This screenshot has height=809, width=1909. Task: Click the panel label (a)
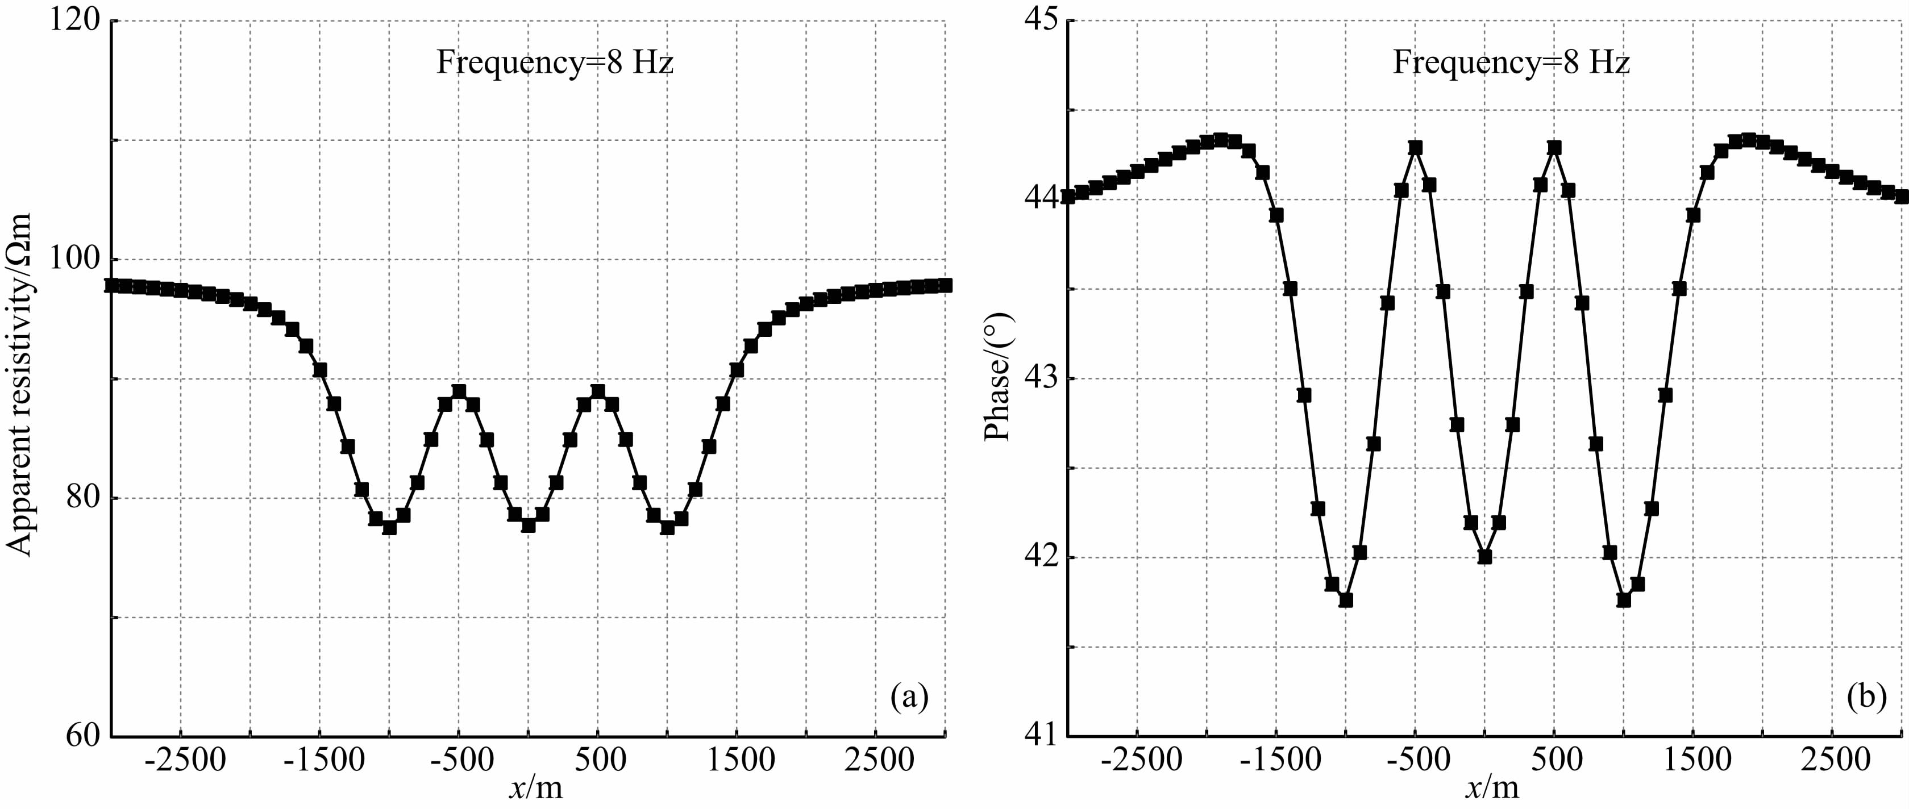(910, 697)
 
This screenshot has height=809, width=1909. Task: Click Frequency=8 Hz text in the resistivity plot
(554, 63)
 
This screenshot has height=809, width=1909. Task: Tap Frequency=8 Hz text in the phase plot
(1511, 63)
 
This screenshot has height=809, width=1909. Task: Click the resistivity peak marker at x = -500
(459, 391)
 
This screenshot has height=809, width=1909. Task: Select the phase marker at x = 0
(1484, 556)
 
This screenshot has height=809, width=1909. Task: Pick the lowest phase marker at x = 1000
(1624, 600)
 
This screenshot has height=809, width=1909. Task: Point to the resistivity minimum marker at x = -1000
(389, 527)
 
